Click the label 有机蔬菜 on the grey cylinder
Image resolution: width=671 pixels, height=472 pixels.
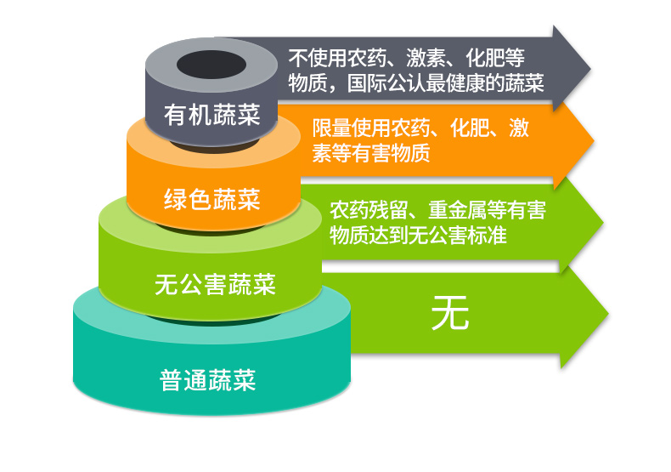[x=211, y=115]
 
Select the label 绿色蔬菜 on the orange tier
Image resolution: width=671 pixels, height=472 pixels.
[x=211, y=199]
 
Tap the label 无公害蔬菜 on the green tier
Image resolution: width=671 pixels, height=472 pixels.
[x=215, y=284]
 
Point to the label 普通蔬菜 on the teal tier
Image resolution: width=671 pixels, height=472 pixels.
[x=207, y=380]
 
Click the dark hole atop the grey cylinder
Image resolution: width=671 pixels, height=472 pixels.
[x=211, y=65]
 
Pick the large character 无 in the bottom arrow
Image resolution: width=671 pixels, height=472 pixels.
[x=450, y=313]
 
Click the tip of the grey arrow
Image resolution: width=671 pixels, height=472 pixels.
[x=590, y=69]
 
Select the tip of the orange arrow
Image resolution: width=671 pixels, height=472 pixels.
[x=594, y=140]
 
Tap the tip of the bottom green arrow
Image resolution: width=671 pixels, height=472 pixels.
[x=608, y=315]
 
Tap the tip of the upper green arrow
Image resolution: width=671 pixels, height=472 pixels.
[x=603, y=223]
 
